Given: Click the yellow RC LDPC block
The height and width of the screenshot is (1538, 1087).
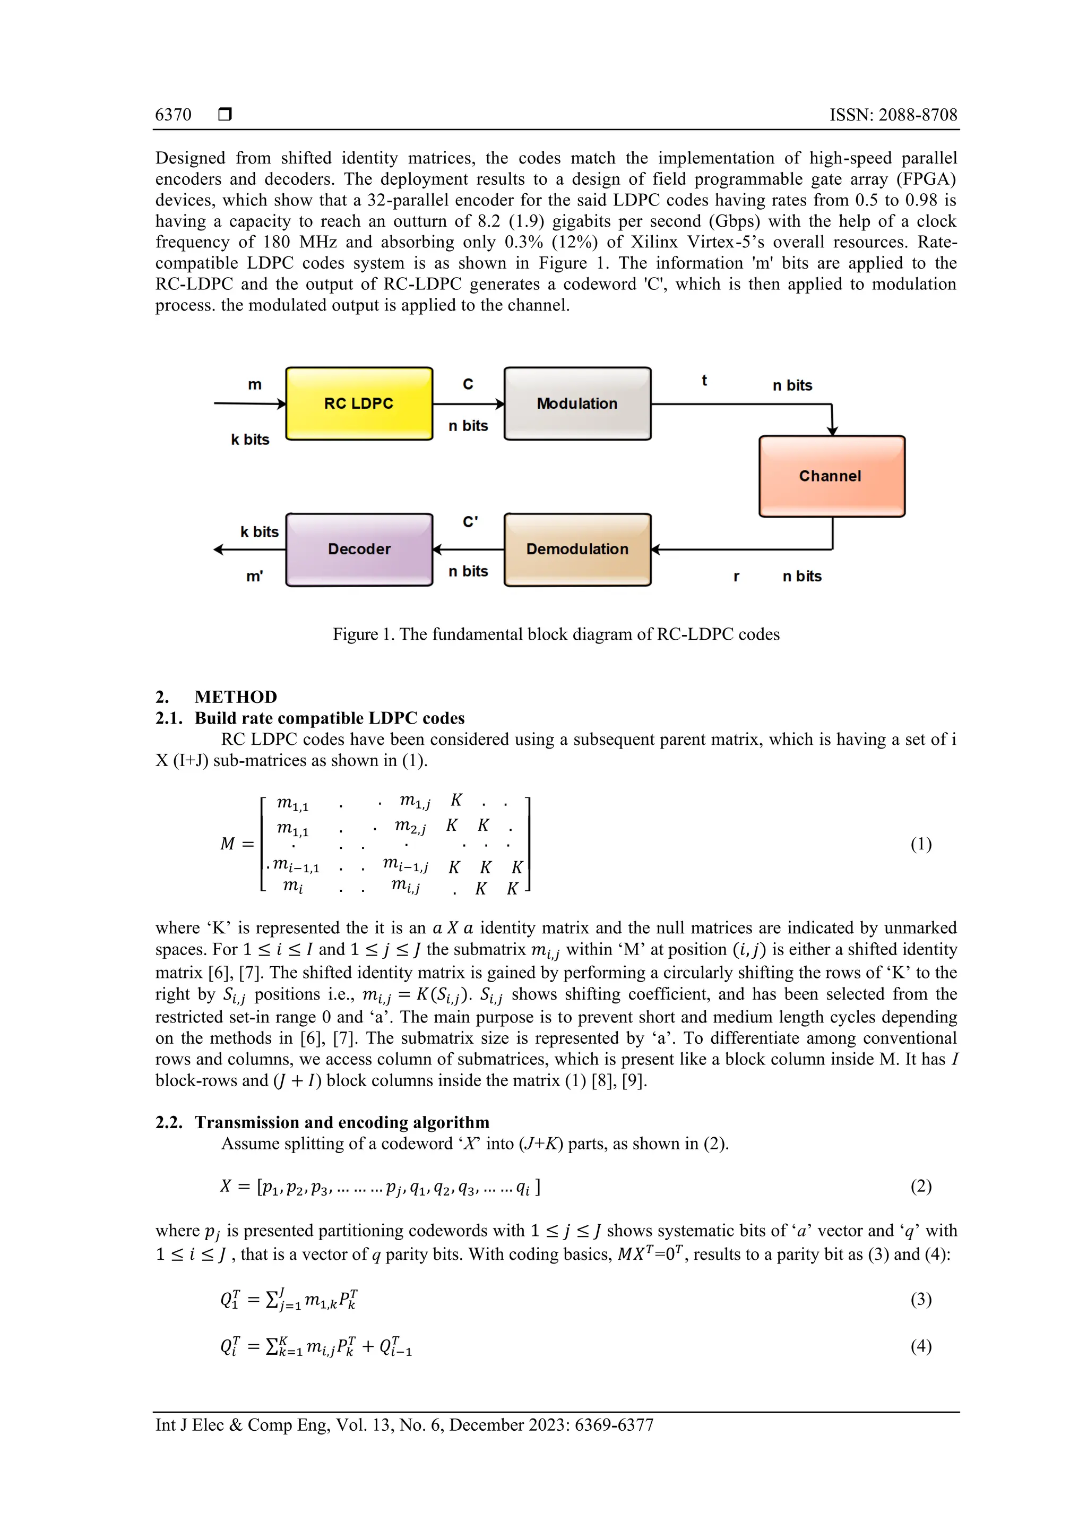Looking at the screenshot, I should [359, 403].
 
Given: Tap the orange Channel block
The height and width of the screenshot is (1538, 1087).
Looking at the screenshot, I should [831, 476].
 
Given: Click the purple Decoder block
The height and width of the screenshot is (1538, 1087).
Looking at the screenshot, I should [359, 549].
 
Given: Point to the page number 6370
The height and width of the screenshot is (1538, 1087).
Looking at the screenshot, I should [173, 115].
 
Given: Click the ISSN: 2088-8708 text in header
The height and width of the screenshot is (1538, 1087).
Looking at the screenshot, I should [893, 115].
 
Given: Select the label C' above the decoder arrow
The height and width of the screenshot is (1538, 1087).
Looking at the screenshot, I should [470, 522].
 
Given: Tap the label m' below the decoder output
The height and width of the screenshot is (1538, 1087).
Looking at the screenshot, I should [255, 577].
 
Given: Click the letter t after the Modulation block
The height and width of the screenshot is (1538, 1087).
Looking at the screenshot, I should [704, 381].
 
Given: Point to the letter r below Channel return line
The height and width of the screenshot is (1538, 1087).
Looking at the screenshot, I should [736, 577].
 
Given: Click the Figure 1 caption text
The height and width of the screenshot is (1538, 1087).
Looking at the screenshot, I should [556, 634].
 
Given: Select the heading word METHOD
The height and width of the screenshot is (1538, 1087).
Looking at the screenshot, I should [236, 697].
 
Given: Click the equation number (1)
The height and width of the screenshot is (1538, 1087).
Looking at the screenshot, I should [921, 844].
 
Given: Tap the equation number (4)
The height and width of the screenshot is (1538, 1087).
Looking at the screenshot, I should [921, 1346].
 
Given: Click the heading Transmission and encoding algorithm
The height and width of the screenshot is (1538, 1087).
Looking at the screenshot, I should [342, 1123].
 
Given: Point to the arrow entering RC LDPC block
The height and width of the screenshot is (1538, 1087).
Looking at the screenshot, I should [249, 403].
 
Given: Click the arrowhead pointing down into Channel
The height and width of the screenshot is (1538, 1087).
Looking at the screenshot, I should [832, 431].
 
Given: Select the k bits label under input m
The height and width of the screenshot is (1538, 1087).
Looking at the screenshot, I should [250, 440].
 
